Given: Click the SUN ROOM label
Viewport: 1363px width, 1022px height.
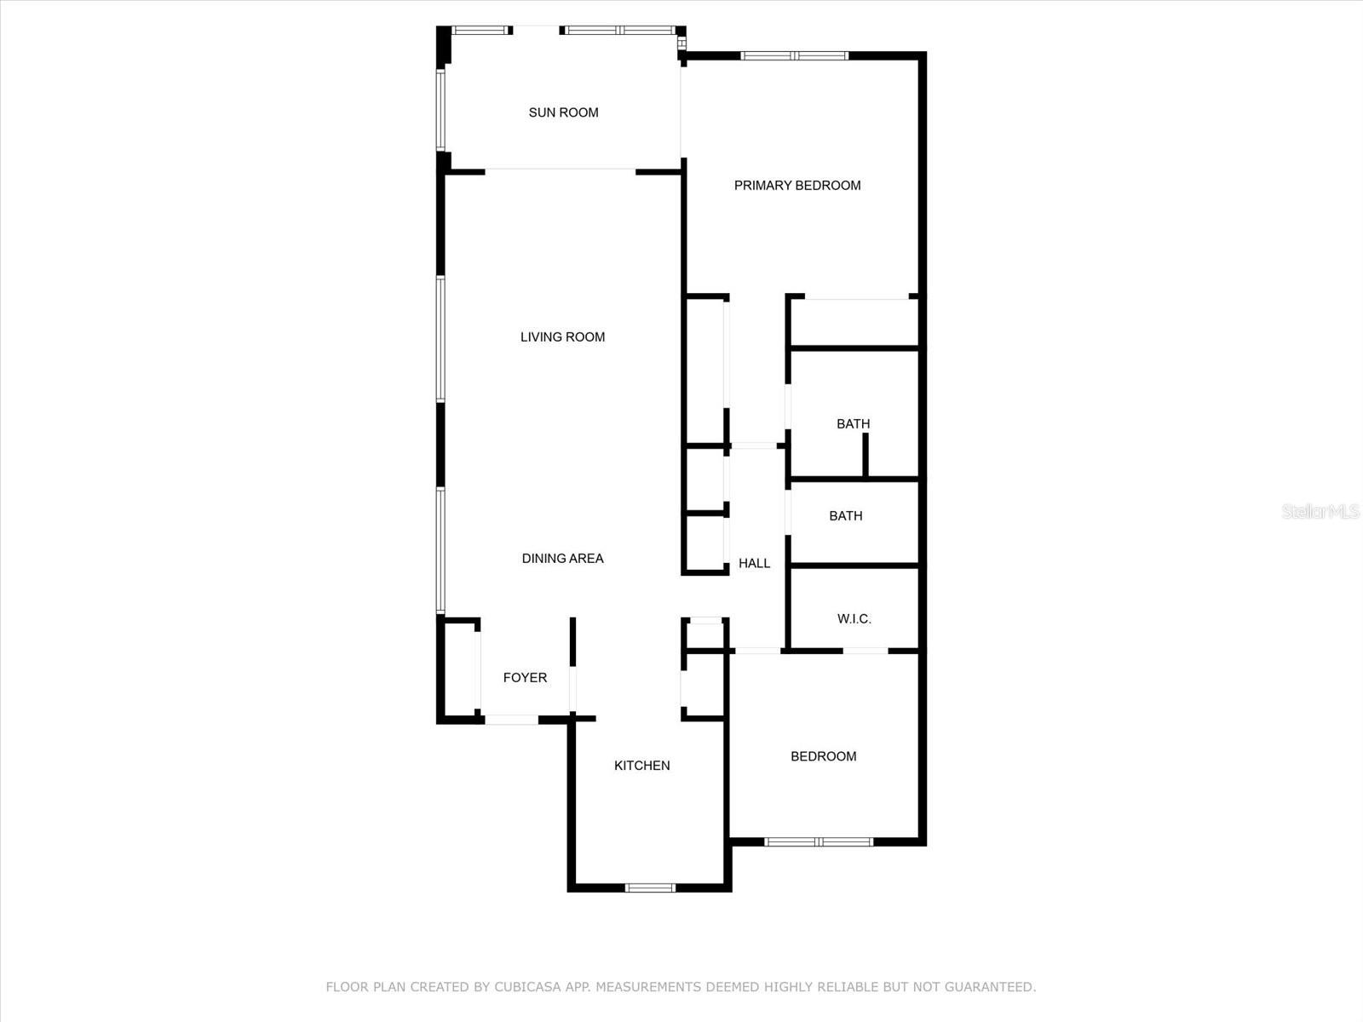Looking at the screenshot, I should (563, 112).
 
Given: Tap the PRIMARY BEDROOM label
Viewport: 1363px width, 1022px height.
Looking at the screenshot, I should (797, 186).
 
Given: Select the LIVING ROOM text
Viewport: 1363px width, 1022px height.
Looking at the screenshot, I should (562, 337).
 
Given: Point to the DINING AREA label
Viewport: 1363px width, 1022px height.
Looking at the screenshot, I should (562, 559).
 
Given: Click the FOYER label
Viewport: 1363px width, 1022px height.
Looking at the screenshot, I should (525, 678).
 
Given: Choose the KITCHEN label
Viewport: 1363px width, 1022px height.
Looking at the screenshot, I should (641, 766).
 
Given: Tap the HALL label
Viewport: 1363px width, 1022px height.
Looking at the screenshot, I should (754, 563).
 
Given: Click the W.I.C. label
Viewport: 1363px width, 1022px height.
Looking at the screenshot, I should (854, 619).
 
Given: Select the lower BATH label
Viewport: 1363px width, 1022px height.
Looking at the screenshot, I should (845, 516).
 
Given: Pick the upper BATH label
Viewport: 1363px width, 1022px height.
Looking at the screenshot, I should (853, 424).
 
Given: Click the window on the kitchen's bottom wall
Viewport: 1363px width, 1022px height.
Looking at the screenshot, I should (650, 888).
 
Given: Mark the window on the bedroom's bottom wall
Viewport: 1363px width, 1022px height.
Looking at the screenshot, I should (819, 842).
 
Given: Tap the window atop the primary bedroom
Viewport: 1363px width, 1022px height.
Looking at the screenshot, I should (794, 56).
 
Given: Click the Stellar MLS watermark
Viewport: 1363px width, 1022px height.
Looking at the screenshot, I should (1320, 512).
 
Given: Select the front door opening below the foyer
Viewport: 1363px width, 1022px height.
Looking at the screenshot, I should (511, 720).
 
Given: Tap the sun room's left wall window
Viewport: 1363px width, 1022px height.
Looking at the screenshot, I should (440, 111).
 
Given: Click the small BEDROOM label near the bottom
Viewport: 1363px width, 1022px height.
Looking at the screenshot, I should (823, 756).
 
